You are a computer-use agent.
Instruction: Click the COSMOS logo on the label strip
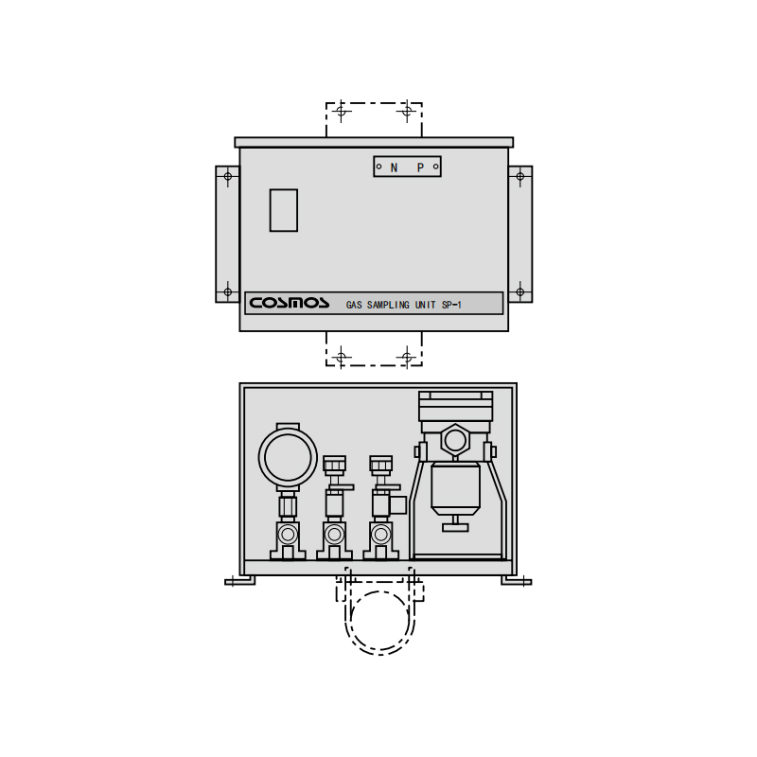[x=290, y=303]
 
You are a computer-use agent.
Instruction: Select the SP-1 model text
[x=452, y=306]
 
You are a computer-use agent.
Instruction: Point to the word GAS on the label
[x=354, y=306]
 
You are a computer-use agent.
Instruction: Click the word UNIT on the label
[x=426, y=306]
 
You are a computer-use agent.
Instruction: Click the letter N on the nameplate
[x=394, y=167]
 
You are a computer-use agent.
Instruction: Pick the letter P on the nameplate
[x=420, y=167]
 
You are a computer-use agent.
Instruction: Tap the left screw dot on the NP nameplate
[x=378, y=167]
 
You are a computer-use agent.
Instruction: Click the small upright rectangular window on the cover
[x=283, y=210]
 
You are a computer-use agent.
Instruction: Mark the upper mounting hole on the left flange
[x=227, y=176]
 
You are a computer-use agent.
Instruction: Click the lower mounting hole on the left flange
[x=227, y=291]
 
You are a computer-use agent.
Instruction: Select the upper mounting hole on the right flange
[x=519, y=176]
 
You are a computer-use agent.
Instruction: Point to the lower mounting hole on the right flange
[x=519, y=291]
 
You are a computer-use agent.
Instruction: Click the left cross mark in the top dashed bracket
[x=342, y=111]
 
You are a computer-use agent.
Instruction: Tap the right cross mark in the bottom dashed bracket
[x=407, y=357]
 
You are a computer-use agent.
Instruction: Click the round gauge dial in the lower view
[x=288, y=458]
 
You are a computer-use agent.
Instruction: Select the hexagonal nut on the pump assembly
[x=455, y=440]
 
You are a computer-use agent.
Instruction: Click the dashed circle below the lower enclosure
[x=379, y=621]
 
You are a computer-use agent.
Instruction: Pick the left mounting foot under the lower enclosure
[x=239, y=580]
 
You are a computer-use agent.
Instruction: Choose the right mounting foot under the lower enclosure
[x=517, y=580]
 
